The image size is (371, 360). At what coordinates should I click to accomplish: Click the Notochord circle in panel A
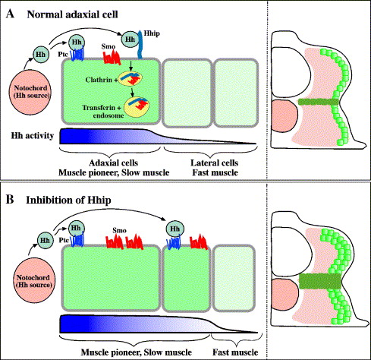point(30,92)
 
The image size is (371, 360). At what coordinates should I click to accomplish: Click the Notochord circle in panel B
point(33,281)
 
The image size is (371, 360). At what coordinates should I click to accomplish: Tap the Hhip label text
point(152,33)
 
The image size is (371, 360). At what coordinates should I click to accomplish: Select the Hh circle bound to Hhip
point(130,39)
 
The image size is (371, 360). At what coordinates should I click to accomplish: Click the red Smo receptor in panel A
point(112,56)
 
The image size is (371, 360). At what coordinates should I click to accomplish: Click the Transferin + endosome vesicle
point(137,107)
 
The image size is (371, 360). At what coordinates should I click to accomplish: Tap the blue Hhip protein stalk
point(140,45)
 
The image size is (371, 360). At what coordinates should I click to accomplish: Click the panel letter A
point(10,14)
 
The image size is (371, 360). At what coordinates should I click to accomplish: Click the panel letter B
point(10,200)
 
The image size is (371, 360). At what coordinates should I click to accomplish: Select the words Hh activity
point(33,136)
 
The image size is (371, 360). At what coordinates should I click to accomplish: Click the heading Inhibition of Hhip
point(68,200)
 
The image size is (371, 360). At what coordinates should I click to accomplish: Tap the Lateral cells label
point(215,163)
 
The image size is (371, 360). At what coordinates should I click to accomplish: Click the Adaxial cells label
point(113,163)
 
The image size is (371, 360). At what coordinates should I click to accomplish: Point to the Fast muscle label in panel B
point(235,352)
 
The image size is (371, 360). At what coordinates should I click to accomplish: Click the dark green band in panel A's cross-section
point(318,102)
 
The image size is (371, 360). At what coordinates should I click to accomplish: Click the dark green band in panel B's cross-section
point(320,281)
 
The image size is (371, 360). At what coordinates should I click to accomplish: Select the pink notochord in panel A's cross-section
point(285,116)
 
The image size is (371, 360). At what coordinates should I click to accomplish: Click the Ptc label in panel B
point(64,240)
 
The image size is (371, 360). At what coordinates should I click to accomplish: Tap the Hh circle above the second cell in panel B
point(175,229)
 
